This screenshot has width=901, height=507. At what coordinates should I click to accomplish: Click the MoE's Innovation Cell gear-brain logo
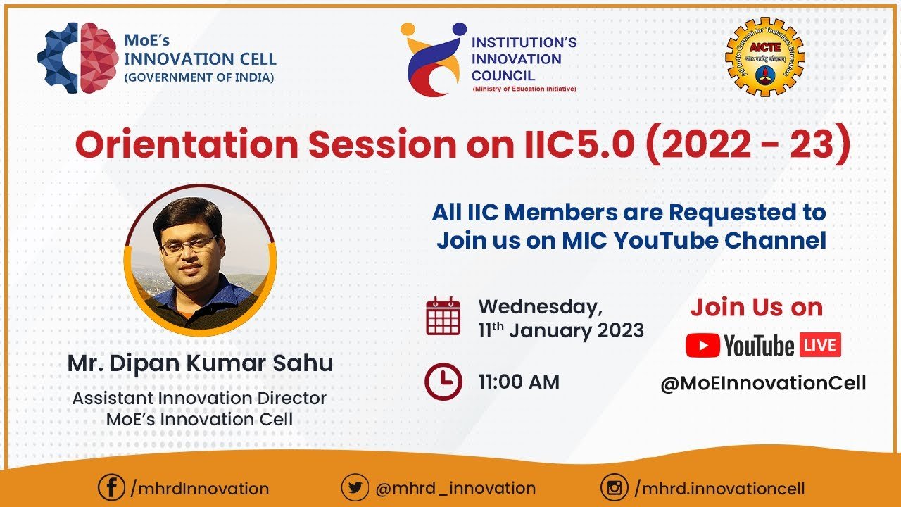[x=77, y=58]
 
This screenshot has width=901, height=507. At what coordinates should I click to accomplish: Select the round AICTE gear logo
[x=765, y=56]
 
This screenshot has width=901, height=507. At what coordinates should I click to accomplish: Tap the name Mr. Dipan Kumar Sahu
[x=200, y=364]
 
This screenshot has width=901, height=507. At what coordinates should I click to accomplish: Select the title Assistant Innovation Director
[x=200, y=398]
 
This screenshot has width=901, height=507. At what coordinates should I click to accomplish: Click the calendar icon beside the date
[x=443, y=316]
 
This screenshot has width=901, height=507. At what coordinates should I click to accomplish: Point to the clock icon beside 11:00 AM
[x=443, y=382]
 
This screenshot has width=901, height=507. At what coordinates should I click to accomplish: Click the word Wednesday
[x=540, y=307]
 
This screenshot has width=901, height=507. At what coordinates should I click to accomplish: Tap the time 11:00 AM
[x=519, y=382]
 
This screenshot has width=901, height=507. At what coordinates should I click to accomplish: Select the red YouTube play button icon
[x=702, y=346]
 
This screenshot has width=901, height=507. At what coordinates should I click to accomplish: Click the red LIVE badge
[x=819, y=346]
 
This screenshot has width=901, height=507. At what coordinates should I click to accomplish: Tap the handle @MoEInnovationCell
[x=763, y=384]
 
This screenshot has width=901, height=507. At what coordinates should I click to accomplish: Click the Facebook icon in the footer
[x=111, y=488]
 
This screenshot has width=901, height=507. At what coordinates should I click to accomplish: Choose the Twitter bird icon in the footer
[x=355, y=488]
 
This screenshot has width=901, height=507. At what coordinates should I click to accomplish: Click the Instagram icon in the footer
[x=614, y=488]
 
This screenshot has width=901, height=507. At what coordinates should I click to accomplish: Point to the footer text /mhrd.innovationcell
[x=719, y=488]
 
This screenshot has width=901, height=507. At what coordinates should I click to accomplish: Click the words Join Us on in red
[x=756, y=308]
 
